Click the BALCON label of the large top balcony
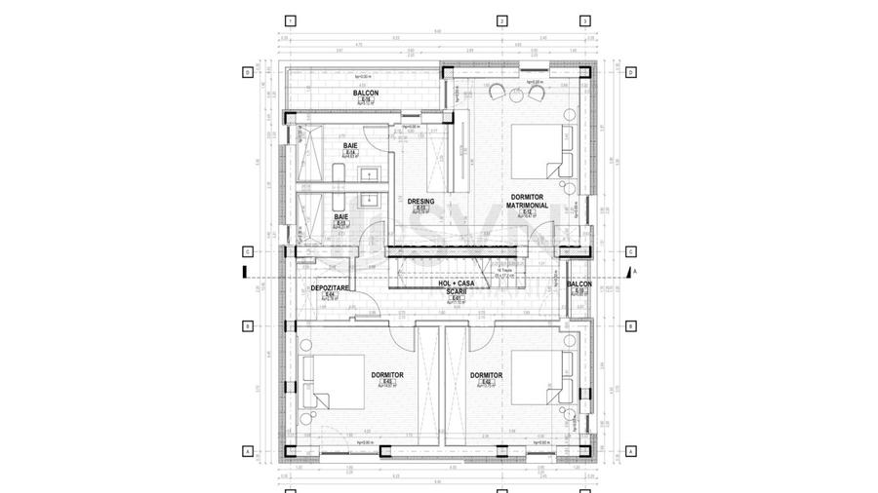[x=366, y=94]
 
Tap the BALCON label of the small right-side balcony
[x=579, y=284]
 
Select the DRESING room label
[x=420, y=202]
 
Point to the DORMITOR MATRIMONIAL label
[x=526, y=202]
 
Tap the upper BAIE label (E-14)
[x=349, y=146]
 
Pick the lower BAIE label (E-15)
[x=341, y=216]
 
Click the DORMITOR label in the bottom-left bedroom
[x=387, y=375]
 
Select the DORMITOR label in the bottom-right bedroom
[x=486, y=375]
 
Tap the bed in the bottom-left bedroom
[x=329, y=381]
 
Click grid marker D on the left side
[x=249, y=72]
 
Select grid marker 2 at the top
[x=500, y=19]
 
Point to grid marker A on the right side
[x=630, y=451]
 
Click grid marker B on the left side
[x=249, y=325]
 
